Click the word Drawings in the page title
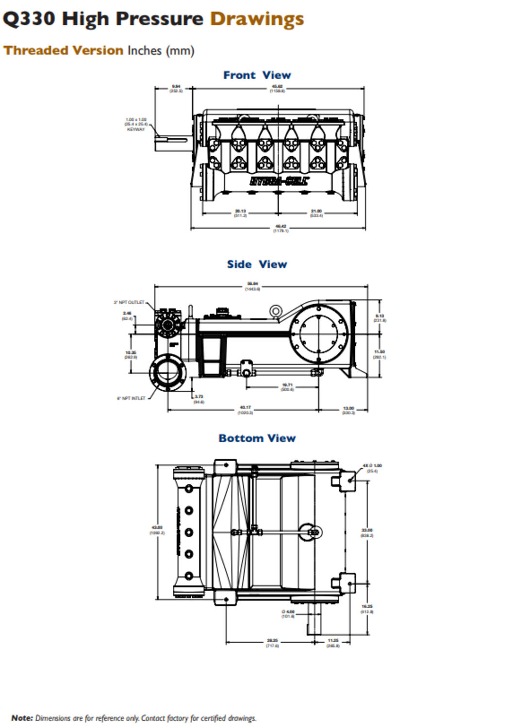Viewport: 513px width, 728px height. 257,19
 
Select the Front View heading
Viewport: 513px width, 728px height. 257,75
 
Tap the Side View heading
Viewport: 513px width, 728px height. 257,265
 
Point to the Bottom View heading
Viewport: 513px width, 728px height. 257,438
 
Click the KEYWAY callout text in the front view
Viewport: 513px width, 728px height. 136,130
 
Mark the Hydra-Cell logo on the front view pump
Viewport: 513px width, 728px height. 279,182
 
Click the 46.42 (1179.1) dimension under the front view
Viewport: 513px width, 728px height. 281,229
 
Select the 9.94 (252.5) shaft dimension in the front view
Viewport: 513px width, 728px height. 176,89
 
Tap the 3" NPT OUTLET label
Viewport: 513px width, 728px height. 129,302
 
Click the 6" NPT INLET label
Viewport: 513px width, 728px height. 131,398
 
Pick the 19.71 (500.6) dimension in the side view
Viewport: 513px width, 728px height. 287,387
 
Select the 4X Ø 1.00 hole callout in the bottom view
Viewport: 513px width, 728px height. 372,468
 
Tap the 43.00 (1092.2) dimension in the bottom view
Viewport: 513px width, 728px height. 157,530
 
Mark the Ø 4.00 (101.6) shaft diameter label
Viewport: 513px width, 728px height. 288,614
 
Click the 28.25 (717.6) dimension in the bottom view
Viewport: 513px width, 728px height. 272,643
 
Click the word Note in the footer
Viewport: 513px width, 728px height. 22,718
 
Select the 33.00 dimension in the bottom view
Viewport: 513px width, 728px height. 367,533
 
